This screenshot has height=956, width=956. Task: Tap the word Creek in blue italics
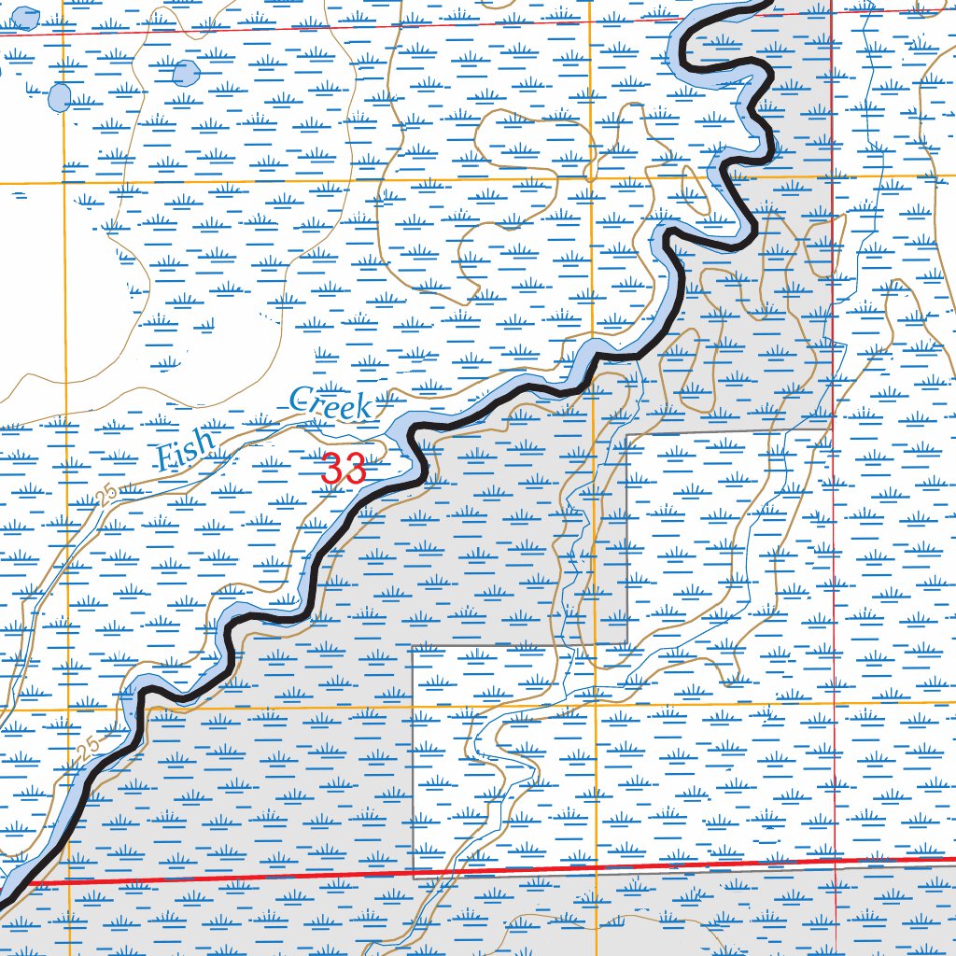(330, 404)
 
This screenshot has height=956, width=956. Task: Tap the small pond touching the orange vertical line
(60, 96)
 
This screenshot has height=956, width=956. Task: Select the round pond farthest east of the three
(186, 72)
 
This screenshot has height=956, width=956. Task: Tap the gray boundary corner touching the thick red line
(414, 877)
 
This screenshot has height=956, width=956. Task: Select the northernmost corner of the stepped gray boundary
(627, 434)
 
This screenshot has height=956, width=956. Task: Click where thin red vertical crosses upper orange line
(832, 176)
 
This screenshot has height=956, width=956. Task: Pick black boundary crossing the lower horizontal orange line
(140, 710)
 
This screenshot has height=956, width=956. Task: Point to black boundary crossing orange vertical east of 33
(595, 362)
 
